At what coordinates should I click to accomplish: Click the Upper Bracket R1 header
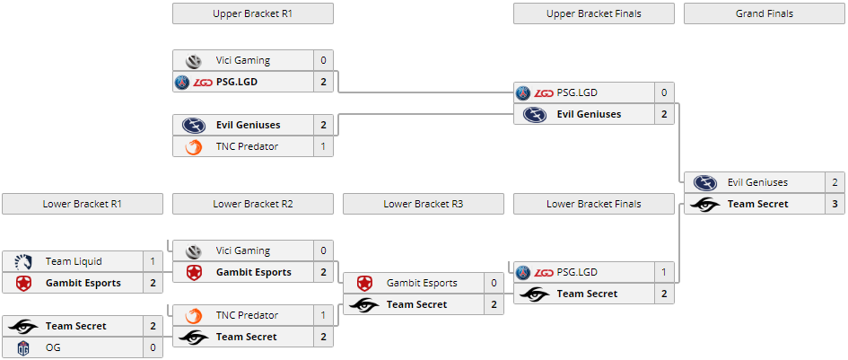point(252,13)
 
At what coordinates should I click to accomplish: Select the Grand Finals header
point(764,13)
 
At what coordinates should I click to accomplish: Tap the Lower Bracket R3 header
point(423,204)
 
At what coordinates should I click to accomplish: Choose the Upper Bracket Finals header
point(593,13)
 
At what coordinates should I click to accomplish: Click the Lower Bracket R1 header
point(82,204)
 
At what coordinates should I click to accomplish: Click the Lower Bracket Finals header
point(593,204)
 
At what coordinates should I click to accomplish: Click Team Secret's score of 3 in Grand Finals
point(835,204)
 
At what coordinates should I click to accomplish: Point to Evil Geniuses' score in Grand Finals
point(835,182)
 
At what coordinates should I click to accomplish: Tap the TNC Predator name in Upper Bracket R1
point(247,146)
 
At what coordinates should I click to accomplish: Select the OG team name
point(52,347)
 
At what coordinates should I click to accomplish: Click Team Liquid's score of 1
point(153,261)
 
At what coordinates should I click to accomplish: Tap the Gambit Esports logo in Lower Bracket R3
point(363,283)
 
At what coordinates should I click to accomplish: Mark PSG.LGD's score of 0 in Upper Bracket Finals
point(664,92)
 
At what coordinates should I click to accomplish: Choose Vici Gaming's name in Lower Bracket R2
point(242,250)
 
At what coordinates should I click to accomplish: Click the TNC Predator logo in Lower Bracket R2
point(193,315)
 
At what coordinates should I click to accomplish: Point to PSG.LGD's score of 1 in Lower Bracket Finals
point(664,272)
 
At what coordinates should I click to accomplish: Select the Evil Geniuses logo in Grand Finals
point(704,182)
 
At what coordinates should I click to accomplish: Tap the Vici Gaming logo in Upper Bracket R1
point(193,60)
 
